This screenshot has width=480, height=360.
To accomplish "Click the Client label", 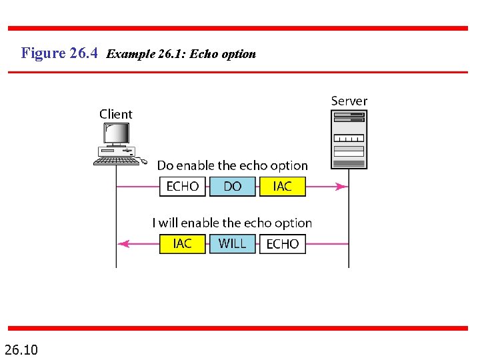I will click(116, 114).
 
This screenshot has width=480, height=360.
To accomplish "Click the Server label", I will click(349, 101).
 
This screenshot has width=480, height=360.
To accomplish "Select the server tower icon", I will click(349, 139).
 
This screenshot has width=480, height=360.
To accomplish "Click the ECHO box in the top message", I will click(183, 186).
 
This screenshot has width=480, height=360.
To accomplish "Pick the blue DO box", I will click(233, 186).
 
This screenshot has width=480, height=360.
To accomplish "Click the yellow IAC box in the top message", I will click(283, 186).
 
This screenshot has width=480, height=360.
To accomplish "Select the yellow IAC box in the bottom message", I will click(183, 244).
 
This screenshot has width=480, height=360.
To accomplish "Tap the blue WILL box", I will click(233, 244).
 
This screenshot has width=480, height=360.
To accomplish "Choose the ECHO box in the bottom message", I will click(283, 244).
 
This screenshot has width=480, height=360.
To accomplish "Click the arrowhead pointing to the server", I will click(342, 187).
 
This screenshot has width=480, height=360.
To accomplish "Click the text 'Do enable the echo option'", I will click(232, 165).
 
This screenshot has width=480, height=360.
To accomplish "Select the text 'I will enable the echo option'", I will click(232, 223).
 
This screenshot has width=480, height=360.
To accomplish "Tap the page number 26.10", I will click(21, 349).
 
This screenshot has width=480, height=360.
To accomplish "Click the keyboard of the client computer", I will click(116, 161).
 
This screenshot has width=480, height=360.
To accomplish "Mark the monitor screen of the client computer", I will click(116, 134).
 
